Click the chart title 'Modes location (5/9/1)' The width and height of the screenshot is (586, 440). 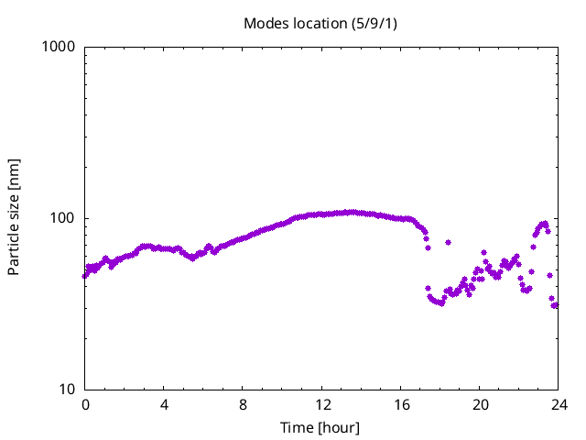[320, 23]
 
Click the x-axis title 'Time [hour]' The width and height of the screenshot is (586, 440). [320, 427]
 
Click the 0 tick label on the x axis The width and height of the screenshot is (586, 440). [85, 404]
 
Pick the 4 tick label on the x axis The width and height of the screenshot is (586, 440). [164, 404]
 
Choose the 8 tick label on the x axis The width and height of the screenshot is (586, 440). [244, 404]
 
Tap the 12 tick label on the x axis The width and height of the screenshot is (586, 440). [322, 404]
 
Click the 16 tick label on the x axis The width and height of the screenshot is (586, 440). [401, 404]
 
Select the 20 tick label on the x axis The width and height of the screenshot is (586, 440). [480, 404]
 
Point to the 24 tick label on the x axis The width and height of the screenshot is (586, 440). [559, 404]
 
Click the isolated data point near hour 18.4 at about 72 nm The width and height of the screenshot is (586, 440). [448, 243]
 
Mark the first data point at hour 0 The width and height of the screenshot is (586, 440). [85, 274]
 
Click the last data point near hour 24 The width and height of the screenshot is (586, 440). [555, 305]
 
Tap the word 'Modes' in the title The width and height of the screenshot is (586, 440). [264, 23]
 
